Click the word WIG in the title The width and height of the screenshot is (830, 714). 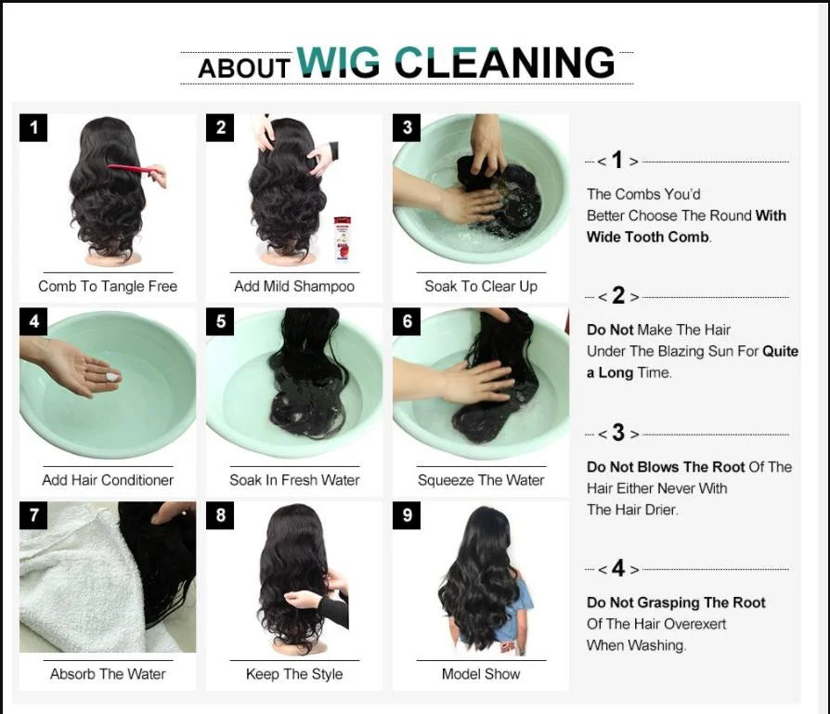pyautogui.click(x=338, y=62)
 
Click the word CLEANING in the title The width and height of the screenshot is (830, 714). pyautogui.click(x=504, y=63)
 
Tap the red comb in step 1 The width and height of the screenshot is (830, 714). pyautogui.click(x=133, y=169)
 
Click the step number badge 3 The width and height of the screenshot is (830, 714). pyautogui.click(x=407, y=128)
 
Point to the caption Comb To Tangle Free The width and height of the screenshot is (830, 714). pyautogui.click(x=108, y=286)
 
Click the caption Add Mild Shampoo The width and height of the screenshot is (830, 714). pyautogui.click(x=294, y=286)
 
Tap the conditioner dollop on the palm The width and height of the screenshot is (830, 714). pyautogui.click(x=112, y=377)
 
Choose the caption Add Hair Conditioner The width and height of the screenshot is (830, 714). pyautogui.click(x=108, y=480)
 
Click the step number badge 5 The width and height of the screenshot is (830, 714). pyautogui.click(x=220, y=321)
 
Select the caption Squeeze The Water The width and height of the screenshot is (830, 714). pyautogui.click(x=481, y=480)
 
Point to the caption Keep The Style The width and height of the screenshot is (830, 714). pyautogui.click(x=294, y=674)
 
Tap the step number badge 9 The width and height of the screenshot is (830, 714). pyautogui.click(x=407, y=515)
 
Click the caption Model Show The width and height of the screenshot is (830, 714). pyautogui.click(x=481, y=674)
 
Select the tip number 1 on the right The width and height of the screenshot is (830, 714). pyautogui.click(x=617, y=161)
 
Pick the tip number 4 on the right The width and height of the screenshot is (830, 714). pyautogui.click(x=617, y=568)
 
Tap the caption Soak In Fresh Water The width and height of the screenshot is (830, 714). pyautogui.click(x=294, y=480)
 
